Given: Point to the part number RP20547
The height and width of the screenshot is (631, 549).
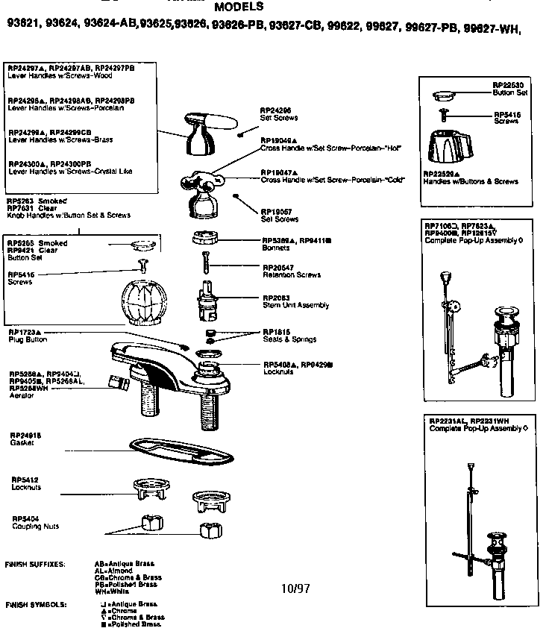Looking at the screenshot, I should pyautogui.click(x=278, y=266).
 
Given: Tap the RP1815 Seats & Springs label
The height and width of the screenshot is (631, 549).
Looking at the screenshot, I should pyautogui.click(x=288, y=335).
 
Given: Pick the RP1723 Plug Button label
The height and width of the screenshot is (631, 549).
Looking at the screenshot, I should pyautogui.click(x=28, y=335).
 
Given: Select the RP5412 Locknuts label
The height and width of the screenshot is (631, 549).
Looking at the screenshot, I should pyautogui.click(x=26, y=483).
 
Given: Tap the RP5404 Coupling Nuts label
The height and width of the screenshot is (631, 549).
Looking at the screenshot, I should pyautogui.click(x=29, y=522).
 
